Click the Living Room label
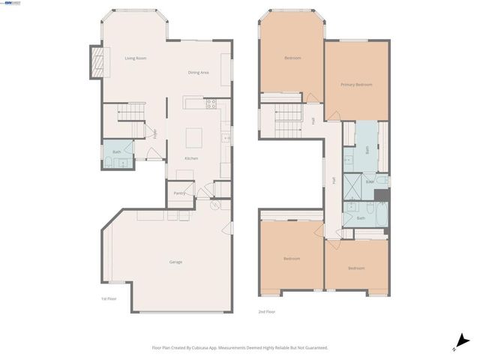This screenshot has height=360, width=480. pyautogui.click(x=135, y=58)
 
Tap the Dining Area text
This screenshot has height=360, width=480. pyautogui.click(x=199, y=72)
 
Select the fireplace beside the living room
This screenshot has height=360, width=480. pyautogui.click(x=95, y=61)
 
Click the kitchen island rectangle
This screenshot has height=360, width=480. pyautogui.click(x=196, y=137)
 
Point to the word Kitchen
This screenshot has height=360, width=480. pyautogui.click(x=191, y=159)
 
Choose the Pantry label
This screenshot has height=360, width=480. pyautogui.click(x=179, y=193)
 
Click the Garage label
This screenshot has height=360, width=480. pyautogui.click(x=175, y=262)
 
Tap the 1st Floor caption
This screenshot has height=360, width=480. pyautogui.click(x=109, y=299)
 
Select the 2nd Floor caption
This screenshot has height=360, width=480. pyautogui.click(x=266, y=310)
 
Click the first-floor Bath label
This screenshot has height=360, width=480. pyautogui.click(x=116, y=152)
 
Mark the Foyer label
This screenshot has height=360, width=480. pyautogui.click(x=155, y=135)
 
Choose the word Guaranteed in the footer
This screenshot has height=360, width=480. pyautogui.click(x=313, y=348)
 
